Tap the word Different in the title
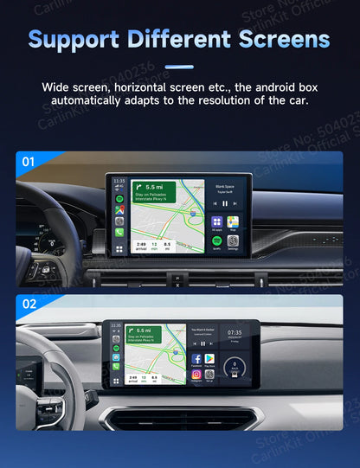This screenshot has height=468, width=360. click(x=181, y=39)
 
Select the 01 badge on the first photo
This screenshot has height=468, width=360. click(x=29, y=161)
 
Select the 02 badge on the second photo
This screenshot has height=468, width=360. click(x=29, y=305)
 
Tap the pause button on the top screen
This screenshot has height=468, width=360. click(x=224, y=203)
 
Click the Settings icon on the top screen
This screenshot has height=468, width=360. click(x=232, y=241)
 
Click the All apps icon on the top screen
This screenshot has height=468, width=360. click(x=216, y=221)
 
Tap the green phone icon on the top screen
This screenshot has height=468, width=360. click(x=119, y=232)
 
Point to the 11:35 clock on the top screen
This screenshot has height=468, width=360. click(x=119, y=182)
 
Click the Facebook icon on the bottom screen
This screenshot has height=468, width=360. click(x=196, y=358)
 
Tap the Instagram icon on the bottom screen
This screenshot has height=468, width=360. click(x=196, y=374)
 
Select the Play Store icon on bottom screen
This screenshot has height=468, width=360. click(x=209, y=358)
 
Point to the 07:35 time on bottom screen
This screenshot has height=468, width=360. click(x=235, y=332)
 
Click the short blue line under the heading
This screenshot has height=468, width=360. click(x=179, y=65)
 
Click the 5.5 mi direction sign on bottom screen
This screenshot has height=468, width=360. click(x=145, y=334)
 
